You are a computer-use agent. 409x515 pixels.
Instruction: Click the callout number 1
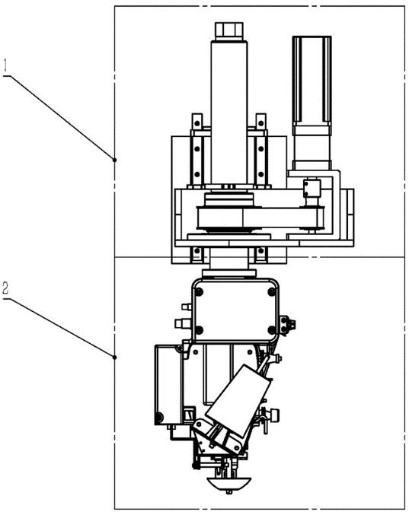tap(5, 65)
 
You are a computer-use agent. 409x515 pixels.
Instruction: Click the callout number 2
tap(5, 288)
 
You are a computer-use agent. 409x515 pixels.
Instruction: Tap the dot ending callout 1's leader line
tap(114, 160)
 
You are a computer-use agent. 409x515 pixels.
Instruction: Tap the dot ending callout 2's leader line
tap(114, 357)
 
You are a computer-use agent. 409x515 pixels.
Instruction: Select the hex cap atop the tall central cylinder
tap(229, 31)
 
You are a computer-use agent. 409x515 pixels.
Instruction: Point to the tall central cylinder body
tap(229, 113)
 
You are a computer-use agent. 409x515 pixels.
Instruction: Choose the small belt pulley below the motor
tap(312, 218)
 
